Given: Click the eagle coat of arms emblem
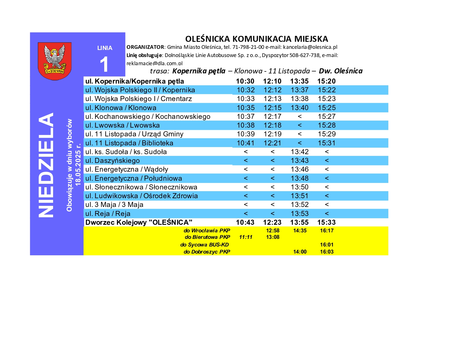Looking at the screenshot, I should coord(55,61).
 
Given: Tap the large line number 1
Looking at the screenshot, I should coord(104,64).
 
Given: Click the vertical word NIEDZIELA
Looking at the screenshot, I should coord(46,165).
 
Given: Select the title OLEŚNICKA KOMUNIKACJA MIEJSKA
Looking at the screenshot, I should coord(256,39).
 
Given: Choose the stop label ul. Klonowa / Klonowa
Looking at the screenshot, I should coord(121,108).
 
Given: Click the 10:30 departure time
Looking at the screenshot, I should coord(245,81).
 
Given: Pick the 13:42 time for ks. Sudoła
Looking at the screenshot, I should coord(300,152).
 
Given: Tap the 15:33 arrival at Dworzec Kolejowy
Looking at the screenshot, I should coord(326,222).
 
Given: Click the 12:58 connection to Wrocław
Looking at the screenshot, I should coord(273,231).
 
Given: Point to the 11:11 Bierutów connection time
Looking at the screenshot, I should coord(245,237).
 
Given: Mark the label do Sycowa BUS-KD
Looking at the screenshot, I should coord(204,245).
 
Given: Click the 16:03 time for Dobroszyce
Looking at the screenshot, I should coord(327,252).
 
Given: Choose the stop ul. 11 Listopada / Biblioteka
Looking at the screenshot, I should coord(129,143).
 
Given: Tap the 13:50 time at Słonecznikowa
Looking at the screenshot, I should coord(300,187).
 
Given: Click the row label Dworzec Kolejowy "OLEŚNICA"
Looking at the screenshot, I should coord(139,222).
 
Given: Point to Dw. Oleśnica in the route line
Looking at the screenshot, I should coord(341,71).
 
